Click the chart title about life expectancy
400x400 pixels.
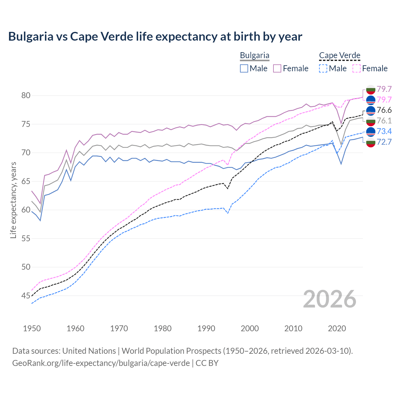click(x=155, y=37)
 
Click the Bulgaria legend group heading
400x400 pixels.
click(x=254, y=56)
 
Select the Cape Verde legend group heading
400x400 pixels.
click(x=340, y=56)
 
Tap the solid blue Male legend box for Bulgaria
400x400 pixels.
click(x=244, y=68)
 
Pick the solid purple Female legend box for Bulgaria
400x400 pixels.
click(x=277, y=68)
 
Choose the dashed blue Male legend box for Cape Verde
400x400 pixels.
click(x=323, y=68)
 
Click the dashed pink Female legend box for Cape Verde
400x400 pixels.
click(x=357, y=68)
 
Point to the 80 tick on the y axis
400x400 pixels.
click(x=26, y=95)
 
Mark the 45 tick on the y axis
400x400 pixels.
click(x=26, y=296)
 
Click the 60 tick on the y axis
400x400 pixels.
click(x=26, y=210)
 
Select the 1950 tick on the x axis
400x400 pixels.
click(x=32, y=328)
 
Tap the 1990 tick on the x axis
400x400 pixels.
click(x=206, y=328)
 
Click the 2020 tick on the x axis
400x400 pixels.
click(x=337, y=328)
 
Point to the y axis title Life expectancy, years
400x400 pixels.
click(x=13, y=200)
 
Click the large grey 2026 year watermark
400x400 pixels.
click(x=329, y=299)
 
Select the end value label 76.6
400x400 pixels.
click(x=384, y=110)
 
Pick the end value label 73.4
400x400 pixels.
click(x=384, y=131)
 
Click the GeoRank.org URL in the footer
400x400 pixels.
click(x=101, y=363)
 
